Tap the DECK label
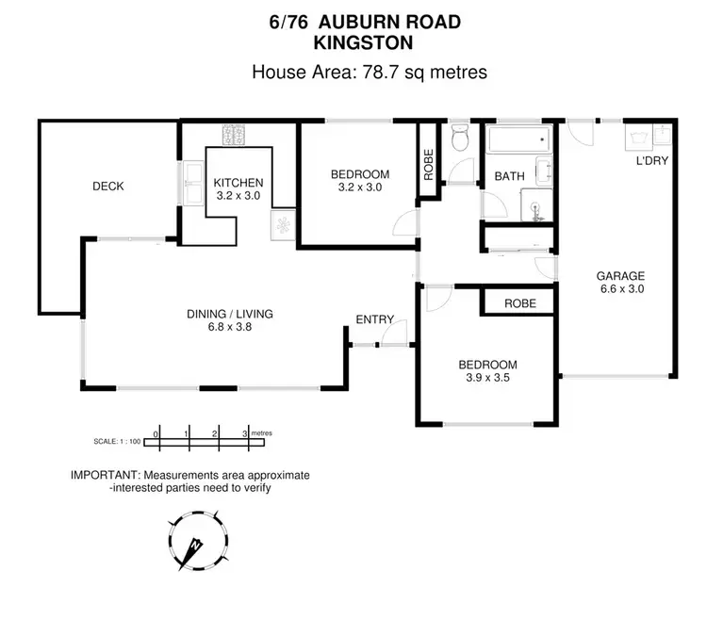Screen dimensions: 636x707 (107, 187)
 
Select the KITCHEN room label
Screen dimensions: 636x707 (238, 183)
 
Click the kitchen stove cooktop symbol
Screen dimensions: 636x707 (233, 135)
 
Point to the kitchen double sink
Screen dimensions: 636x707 (193, 183)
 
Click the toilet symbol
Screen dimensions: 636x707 (460, 140)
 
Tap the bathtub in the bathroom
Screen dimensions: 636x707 (518, 141)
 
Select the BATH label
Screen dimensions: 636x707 (509, 176)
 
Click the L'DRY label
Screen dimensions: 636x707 (652, 161)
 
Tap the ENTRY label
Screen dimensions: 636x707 (374, 319)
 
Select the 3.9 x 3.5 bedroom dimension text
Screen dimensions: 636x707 (487, 380)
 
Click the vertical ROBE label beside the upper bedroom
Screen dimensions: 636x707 (428, 166)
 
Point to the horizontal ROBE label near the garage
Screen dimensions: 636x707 (519, 303)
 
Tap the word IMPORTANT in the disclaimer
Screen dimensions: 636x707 (104, 476)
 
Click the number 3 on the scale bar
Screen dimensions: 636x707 (246, 432)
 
